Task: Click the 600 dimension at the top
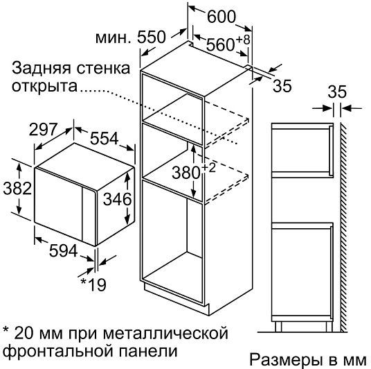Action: click(x=221, y=17)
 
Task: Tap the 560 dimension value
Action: click(x=220, y=44)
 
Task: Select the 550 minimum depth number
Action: click(x=151, y=37)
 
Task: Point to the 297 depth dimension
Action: click(x=43, y=129)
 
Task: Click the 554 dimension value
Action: click(x=104, y=138)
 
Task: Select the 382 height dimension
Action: click(x=17, y=189)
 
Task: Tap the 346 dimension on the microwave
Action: click(x=117, y=199)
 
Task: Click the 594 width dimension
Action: click(x=63, y=250)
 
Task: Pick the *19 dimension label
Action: click(x=93, y=284)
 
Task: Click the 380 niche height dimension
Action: click(x=186, y=173)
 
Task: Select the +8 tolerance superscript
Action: click(x=243, y=40)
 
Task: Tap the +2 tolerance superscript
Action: click(x=208, y=168)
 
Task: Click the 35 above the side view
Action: click(x=337, y=92)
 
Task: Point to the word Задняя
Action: click(x=42, y=69)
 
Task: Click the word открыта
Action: click(x=44, y=86)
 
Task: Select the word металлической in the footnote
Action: click(x=165, y=334)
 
